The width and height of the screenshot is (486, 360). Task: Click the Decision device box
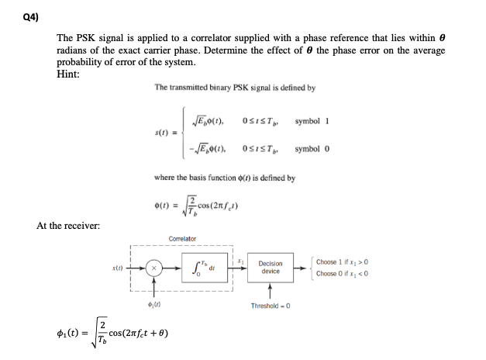(x=271, y=268)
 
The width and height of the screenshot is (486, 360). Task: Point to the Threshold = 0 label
(x=271, y=306)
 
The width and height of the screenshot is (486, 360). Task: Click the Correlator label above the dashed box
(x=181, y=239)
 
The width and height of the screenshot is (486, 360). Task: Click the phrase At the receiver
(x=68, y=225)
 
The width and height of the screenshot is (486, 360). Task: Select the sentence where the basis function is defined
(x=225, y=178)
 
